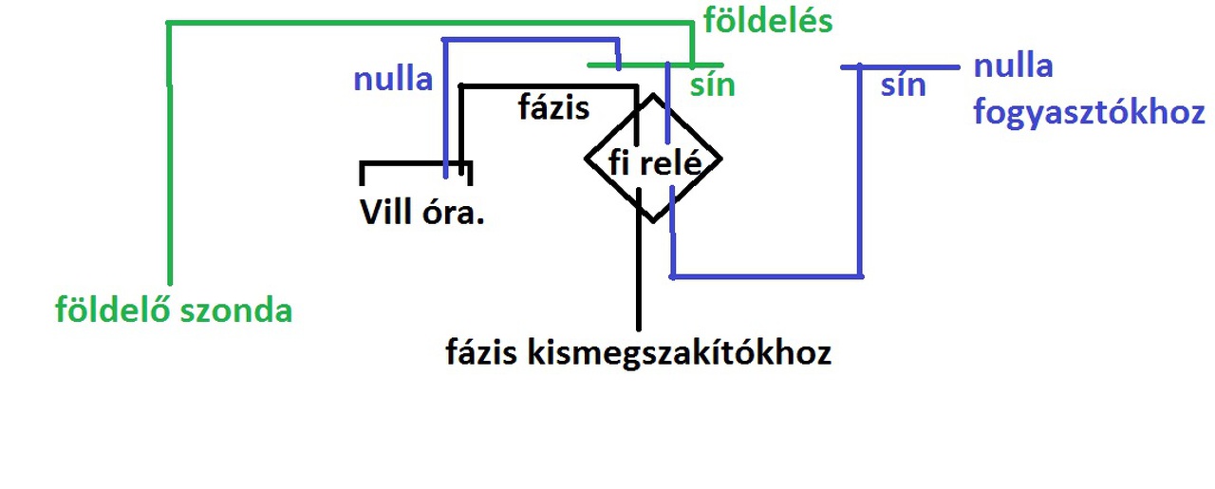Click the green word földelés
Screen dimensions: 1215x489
pyautogui.click(x=768, y=21)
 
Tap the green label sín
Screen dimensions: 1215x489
pyautogui.click(x=714, y=85)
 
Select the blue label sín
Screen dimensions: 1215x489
pyautogui.click(x=903, y=85)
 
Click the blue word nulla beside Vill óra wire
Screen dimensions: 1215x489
pyautogui.click(x=393, y=79)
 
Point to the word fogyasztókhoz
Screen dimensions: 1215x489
pyautogui.click(x=1089, y=113)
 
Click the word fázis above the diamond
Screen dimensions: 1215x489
pyautogui.click(x=553, y=107)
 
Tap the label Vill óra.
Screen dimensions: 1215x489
pyautogui.click(x=422, y=212)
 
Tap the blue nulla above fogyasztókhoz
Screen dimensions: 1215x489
pyautogui.click(x=1013, y=66)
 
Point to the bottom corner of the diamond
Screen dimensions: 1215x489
pyautogui.click(x=653, y=221)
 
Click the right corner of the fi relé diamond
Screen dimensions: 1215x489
pyautogui.click(x=720, y=158)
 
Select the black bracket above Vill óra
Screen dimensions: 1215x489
pyautogui.click(x=416, y=165)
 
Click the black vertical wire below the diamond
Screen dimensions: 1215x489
pyautogui.click(x=640, y=275)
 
